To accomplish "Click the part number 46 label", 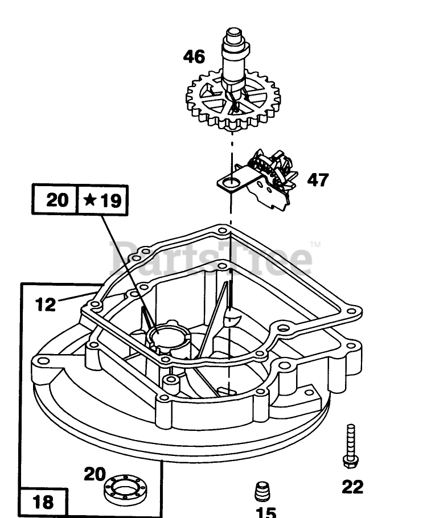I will click(194, 56).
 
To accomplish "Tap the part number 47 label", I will click(318, 180).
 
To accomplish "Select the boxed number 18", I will click(43, 502).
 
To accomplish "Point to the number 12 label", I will click(46, 305).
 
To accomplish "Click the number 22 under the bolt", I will click(352, 487).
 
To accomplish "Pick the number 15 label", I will click(265, 512).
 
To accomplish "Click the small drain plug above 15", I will click(262, 489).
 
